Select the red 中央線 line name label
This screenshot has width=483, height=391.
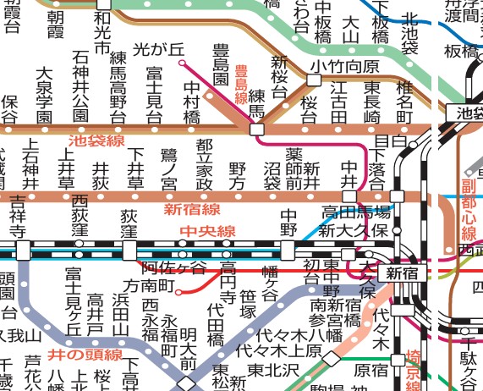click(206, 231)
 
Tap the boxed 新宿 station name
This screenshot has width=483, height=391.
click(403, 273)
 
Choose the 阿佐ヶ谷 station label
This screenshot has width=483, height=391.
click(173, 267)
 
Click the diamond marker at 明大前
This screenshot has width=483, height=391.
click(187, 382)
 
